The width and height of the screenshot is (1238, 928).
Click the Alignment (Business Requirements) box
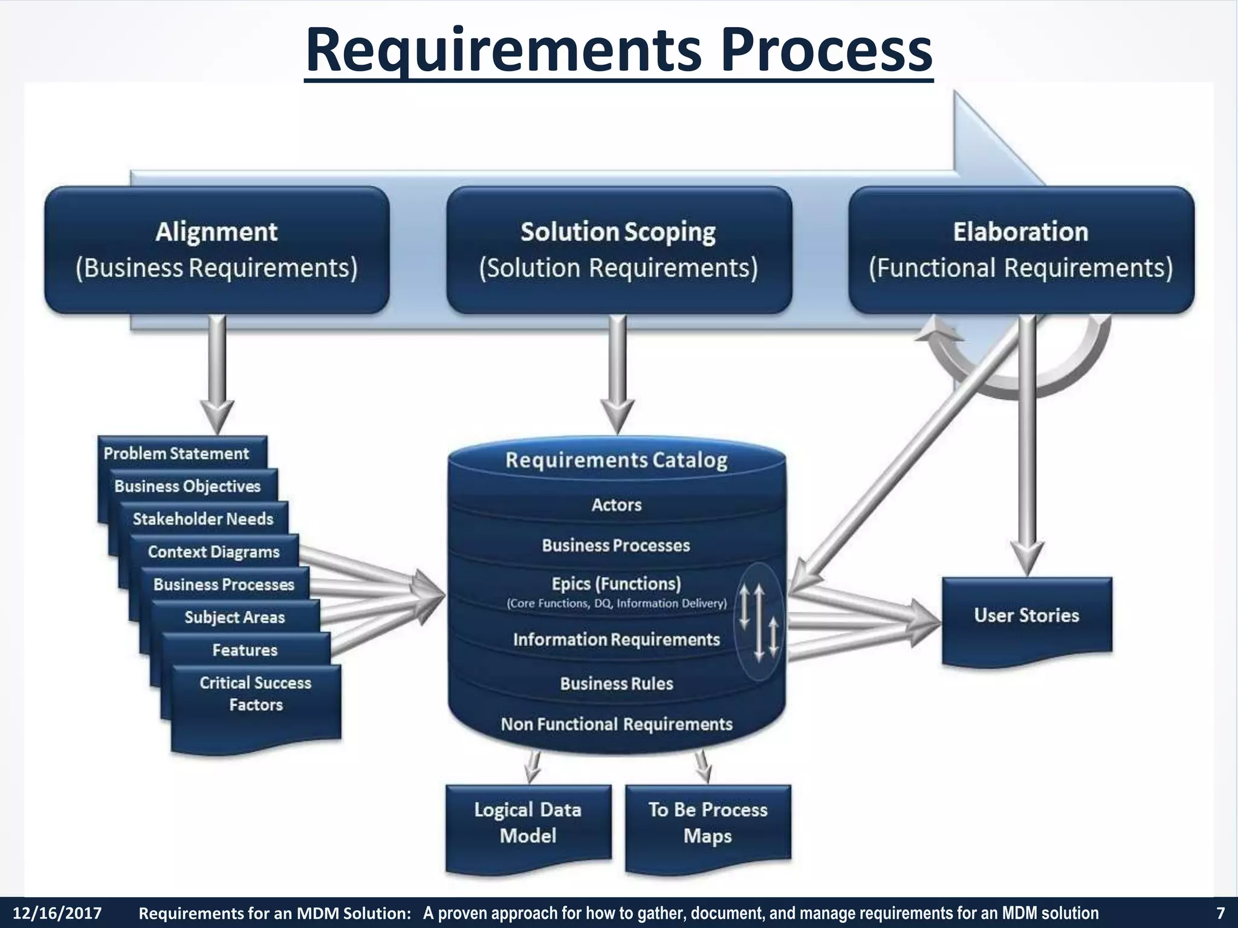pyautogui.click(x=216, y=250)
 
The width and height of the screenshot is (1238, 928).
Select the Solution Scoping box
pyautogui.click(x=618, y=250)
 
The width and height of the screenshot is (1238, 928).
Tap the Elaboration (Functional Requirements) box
pyautogui.click(x=1021, y=250)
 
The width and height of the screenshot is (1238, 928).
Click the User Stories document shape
pyautogui.click(x=1026, y=616)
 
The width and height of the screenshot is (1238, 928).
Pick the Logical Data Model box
pyautogui.click(x=528, y=823)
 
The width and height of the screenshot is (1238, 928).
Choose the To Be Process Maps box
pyautogui.click(x=708, y=823)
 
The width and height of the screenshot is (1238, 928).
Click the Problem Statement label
pyautogui.click(x=176, y=454)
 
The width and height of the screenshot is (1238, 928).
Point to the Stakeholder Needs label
pyautogui.click(x=203, y=519)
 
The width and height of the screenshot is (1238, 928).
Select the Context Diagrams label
pyautogui.click(x=213, y=552)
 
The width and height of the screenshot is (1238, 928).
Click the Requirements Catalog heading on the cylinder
pyautogui.click(x=617, y=460)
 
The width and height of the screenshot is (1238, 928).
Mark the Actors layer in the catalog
pyautogui.click(x=617, y=505)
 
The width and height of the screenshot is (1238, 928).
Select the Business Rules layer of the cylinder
pyautogui.click(x=617, y=684)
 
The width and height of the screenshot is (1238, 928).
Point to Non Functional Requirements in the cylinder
pyautogui.click(x=617, y=724)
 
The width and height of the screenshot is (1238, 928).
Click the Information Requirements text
pyautogui.click(x=616, y=640)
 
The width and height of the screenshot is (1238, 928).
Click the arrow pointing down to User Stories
pyautogui.click(x=1027, y=447)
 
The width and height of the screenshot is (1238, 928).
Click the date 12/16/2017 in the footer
pyautogui.click(x=57, y=913)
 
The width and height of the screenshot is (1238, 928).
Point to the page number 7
pyautogui.click(x=1220, y=913)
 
